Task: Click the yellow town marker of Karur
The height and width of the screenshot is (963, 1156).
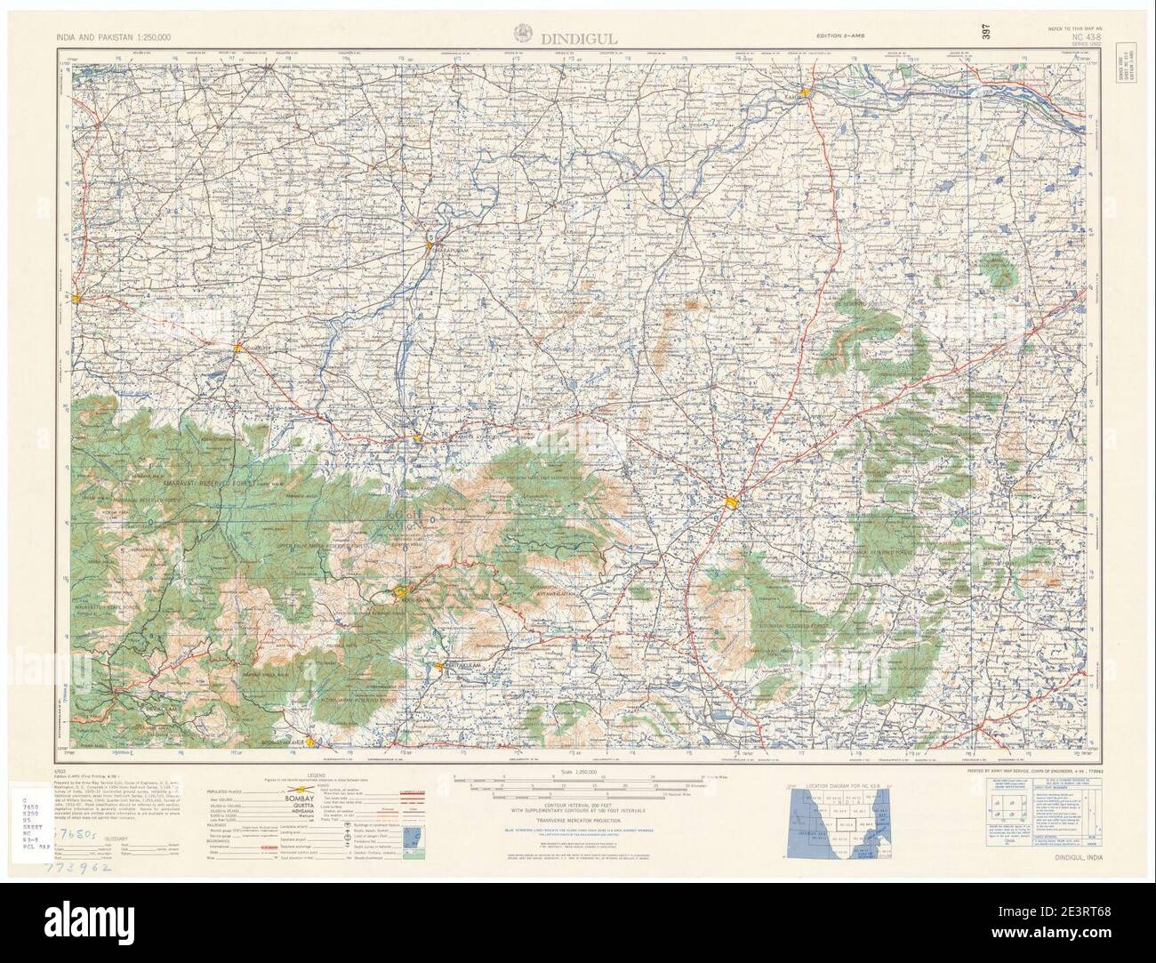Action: (x=805, y=92)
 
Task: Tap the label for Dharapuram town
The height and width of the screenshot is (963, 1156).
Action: (x=447, y=251)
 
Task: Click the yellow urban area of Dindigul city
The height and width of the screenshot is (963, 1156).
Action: (x=731, y=504)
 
